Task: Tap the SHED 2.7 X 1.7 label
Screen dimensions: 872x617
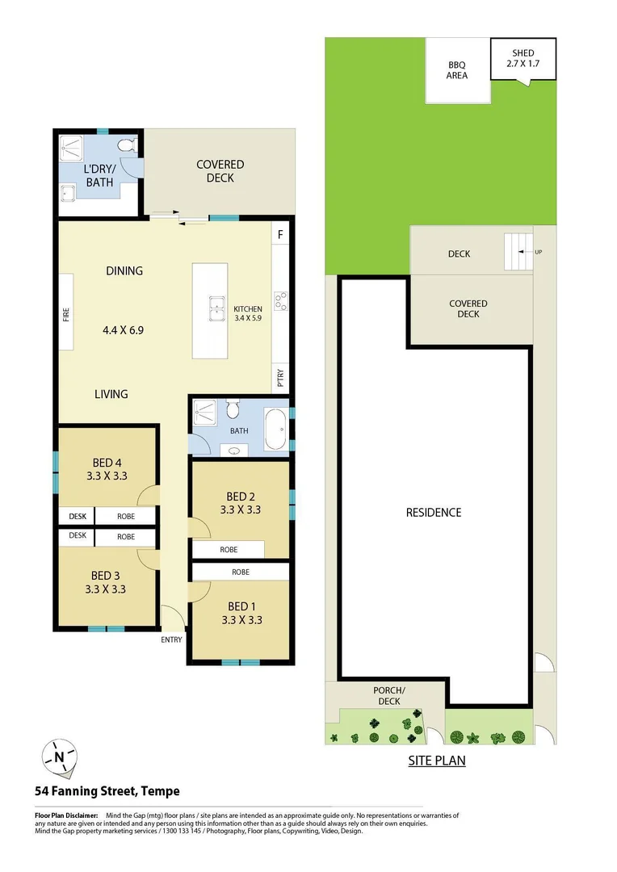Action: pyautogui.click(x=523, y=59)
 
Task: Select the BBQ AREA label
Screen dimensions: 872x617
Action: pyautogui.click(x=458, y=70)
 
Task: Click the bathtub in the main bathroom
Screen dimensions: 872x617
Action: pyautogui.click(x=275, y=430)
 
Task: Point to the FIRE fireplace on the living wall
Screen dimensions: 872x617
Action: pyautogui.click(x=66, y=312)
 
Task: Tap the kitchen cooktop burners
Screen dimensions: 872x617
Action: pyautogui.click(x=280, y=301)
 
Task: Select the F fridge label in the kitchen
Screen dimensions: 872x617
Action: pyautogui.click(x=280, y=235)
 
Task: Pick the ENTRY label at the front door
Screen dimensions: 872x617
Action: pyautogui.click(x=171, y=639)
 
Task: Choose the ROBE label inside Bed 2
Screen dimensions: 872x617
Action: pyautogui.click(x=229, y=550)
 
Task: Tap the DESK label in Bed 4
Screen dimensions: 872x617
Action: pyautogui.click(x=77, y=516)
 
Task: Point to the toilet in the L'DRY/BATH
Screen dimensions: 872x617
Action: pyautogui.click(x=126, y=146)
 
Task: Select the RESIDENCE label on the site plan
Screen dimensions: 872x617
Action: pyautogui.click(x=434, y=513)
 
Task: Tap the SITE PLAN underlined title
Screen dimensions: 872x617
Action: pyautogui.click(x=435, y=761)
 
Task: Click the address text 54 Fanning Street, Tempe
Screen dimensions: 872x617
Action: pyautogui.click(x=107, y=791)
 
